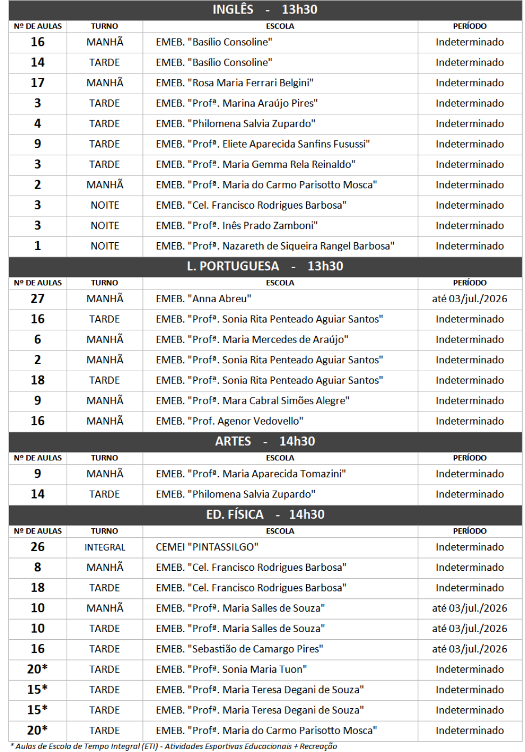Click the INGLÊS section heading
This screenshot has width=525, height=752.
click(265, 10)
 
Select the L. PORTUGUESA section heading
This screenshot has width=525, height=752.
click(265, 266)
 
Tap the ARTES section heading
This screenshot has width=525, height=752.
click(265, 441)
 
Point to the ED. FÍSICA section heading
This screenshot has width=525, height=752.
click(265, 515)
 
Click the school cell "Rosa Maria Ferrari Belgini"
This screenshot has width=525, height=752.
click(234, 83)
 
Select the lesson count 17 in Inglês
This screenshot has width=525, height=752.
click(38, 83)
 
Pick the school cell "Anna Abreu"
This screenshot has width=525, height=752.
click(204, 299)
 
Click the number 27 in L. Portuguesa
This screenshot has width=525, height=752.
click(38, 299)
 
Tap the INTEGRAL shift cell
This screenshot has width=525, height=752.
click(105, 547)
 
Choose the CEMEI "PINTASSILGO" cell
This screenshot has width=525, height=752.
click(207, 547)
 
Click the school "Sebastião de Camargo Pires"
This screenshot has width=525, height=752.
click(240, 649)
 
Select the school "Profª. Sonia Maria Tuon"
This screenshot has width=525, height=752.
click(231, 670)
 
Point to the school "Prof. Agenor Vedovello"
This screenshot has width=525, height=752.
click(229, 421)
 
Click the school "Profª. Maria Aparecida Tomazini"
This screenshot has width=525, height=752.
click(251, 474)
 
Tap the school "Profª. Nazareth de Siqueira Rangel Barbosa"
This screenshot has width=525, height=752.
click(275, 246)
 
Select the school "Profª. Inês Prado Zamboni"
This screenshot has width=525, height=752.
click(237, 226)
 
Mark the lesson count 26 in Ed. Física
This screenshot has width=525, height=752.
click(38, 547)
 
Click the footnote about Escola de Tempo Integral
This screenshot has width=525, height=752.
click(174, 746)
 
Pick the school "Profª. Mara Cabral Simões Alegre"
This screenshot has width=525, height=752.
click(252, 401)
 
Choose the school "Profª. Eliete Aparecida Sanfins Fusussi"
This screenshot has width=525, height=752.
click(262, 144)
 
